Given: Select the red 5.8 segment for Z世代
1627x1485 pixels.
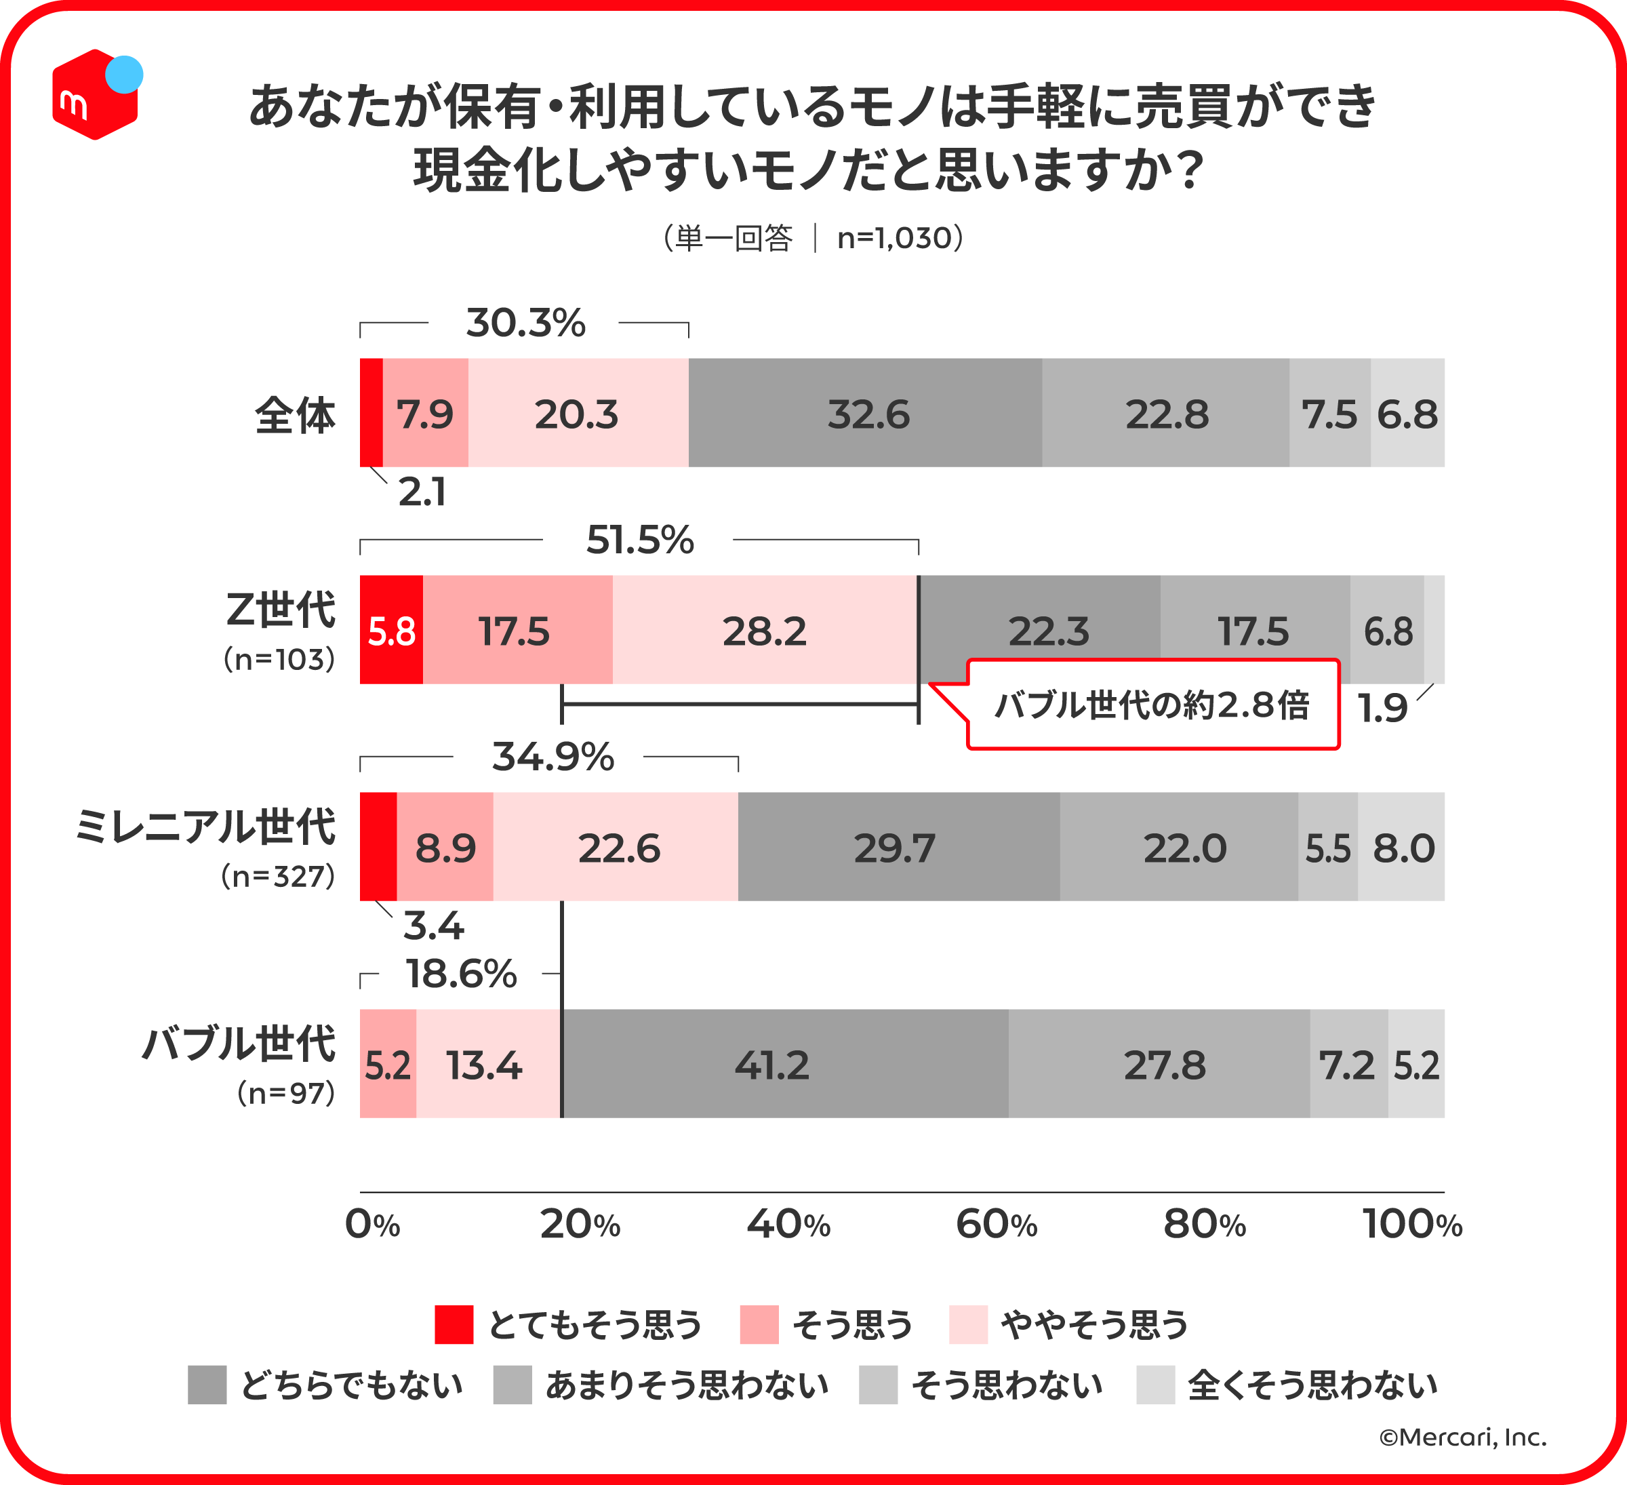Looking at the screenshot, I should [391, 631].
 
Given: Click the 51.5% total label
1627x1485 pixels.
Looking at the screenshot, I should [639, 539].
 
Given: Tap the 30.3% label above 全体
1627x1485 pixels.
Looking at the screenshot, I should [525, 322].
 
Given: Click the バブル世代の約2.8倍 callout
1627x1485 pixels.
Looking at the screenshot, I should [1152, 705].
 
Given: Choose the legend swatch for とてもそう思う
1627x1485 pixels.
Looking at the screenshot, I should [454, 1324].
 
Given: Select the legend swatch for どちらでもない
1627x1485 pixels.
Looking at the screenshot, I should [207, 1385].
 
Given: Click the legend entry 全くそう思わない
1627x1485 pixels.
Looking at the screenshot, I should [1312, 1385].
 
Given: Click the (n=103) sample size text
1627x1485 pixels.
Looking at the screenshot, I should [279, 659].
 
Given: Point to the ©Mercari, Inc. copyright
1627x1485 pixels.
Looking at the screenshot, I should [1462, 1437].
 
